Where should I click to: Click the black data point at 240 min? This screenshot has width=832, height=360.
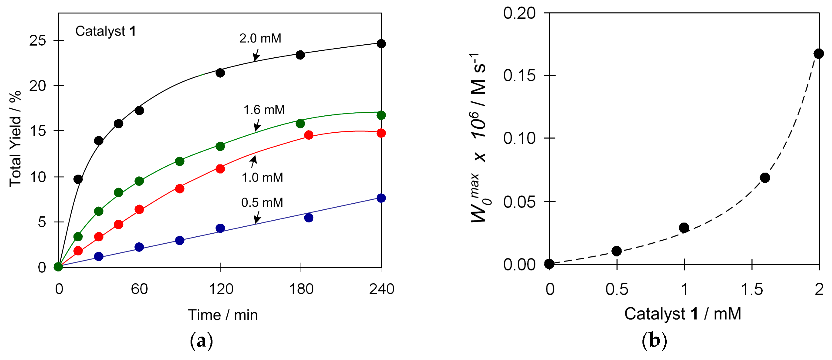381,44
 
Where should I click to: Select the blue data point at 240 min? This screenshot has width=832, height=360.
381,198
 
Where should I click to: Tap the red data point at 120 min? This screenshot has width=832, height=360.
220,169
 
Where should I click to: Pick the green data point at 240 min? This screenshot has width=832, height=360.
381,115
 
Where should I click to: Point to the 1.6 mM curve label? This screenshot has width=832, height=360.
264,110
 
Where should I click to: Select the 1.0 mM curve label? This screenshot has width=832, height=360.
262,177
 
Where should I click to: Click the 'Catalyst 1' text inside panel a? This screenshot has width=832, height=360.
105,31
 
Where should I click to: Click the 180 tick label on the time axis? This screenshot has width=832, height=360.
301,289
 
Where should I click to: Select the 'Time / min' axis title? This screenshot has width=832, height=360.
223,315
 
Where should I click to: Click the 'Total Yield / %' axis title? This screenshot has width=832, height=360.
15,139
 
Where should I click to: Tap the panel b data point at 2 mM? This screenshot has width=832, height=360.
819,54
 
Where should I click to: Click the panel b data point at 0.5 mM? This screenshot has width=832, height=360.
617,251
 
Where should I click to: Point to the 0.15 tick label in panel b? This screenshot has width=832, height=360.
519,76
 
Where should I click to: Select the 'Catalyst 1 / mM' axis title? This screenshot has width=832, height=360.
682,314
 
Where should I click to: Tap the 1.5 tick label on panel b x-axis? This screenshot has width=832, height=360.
752,289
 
